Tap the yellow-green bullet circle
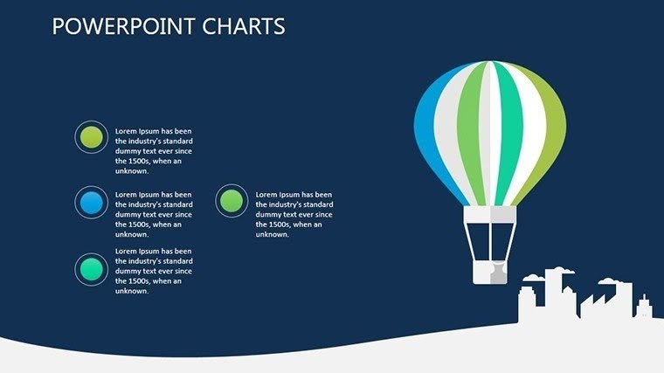tap(91, 137)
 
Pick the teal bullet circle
tap(91, 269)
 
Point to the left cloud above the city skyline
tap(532, 279)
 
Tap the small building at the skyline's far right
tap(645, 306)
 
